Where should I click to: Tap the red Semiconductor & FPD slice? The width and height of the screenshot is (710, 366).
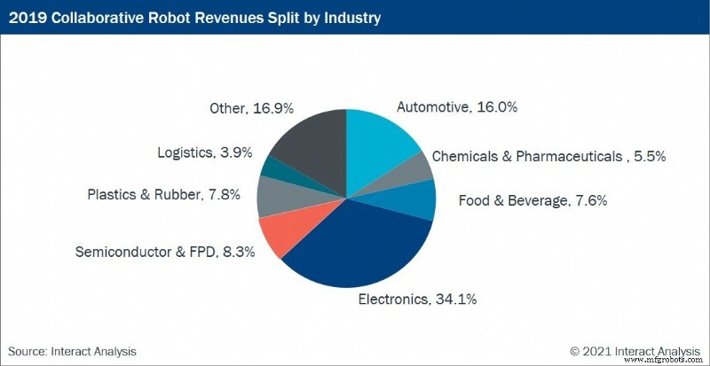(288, 235)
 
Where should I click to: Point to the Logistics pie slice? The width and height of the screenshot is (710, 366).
(272, 167)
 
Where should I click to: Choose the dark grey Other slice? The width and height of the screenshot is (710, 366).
(311, 142)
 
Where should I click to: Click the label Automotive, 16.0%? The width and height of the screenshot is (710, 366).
(456, 107)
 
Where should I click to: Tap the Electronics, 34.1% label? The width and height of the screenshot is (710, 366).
(417, 299)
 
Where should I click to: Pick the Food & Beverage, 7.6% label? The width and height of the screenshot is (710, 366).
(520, 200)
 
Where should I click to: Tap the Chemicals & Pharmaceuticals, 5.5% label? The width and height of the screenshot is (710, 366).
(548, 157)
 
